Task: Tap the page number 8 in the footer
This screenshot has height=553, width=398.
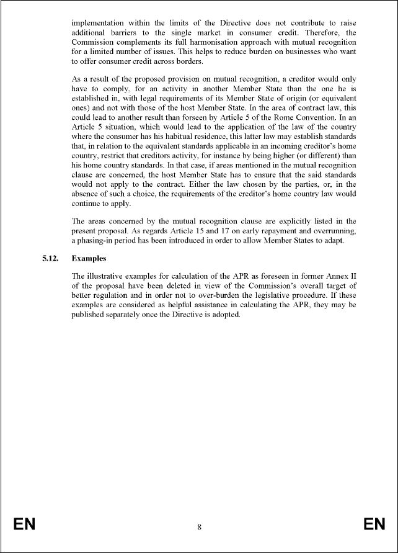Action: point(199,528)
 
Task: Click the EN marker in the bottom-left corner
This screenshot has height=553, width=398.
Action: point(24,525)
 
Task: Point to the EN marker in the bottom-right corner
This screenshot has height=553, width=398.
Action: point(374,525)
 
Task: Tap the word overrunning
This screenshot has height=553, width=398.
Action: point(334,231)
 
